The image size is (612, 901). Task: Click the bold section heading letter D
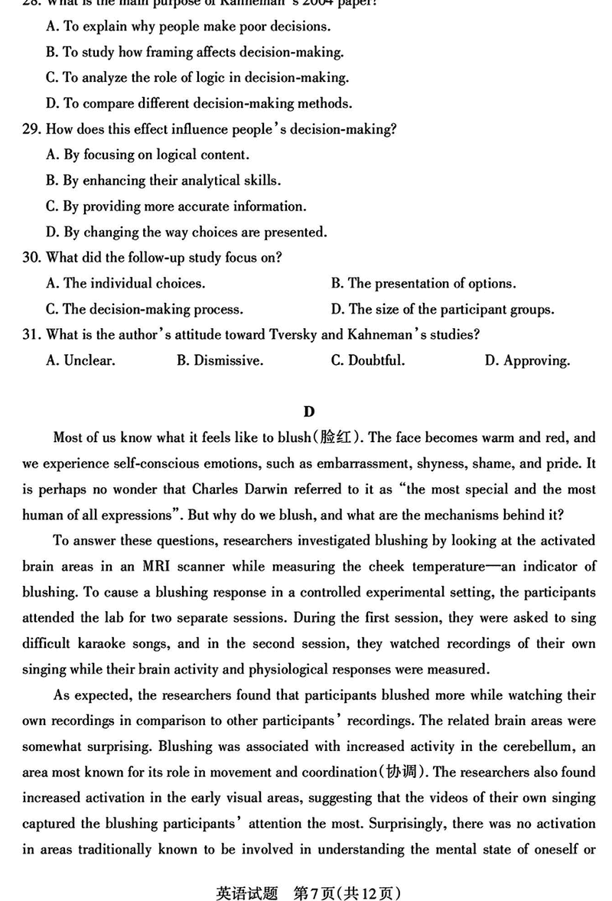click(x=308, y=412)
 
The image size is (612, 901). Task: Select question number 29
click(x=32, y=129)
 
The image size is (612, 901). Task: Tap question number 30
click(x=32, y=258)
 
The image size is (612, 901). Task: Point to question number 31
click(x=32, y=335)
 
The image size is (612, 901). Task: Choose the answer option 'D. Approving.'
click(x=527, y=361)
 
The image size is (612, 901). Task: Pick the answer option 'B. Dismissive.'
click(x=220, y=361)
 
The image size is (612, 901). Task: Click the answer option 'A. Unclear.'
click(x=80, y=361)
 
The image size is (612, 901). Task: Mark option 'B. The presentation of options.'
click(x=423, y=284)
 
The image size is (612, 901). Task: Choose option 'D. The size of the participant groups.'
click(x=442, y=310)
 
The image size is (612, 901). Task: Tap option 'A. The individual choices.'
click(x=125, y=284)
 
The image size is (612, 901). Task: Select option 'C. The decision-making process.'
click(x=145, y=310)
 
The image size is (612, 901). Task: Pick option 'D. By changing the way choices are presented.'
click(x=186, y=232)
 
